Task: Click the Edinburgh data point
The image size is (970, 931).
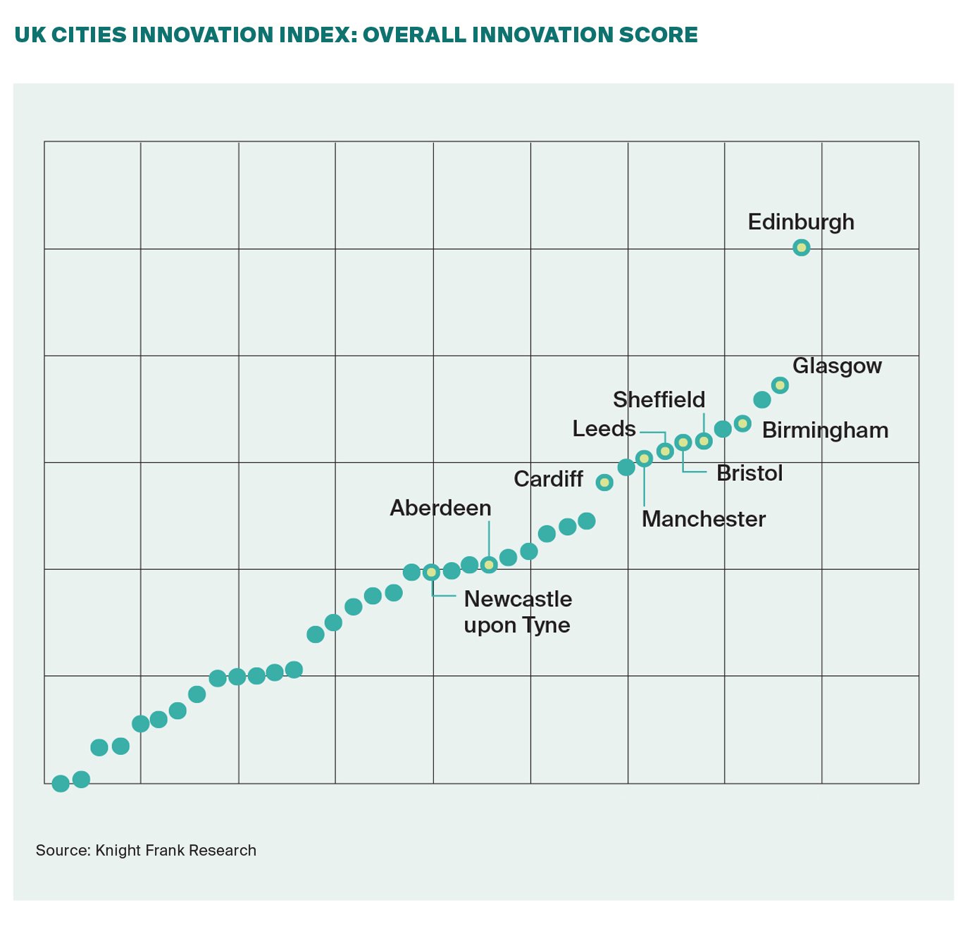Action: (801, 247)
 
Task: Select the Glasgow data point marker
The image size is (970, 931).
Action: (779, 385)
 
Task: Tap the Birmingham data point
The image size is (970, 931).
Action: (742, 423)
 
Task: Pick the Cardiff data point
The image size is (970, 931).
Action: (604, 482)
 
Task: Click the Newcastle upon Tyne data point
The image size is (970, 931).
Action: (431, 573)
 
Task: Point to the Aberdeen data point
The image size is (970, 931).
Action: (489, 564)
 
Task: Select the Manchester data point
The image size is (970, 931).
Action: (644, 458)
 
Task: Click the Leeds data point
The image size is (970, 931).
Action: (664, 451)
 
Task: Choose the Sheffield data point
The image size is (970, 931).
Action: (703, 442)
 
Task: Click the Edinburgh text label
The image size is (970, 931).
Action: (801, 222)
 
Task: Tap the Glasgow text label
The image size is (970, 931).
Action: (837, 366)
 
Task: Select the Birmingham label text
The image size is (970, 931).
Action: (825, 430)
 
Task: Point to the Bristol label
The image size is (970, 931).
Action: (750, 473)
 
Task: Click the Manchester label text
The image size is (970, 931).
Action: (703, 519)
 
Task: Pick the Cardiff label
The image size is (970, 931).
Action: (548, 479)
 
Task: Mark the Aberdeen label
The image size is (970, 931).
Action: (440, 508)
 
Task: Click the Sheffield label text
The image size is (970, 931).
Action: (659, 400)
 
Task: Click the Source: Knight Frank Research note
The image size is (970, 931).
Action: (146, 850)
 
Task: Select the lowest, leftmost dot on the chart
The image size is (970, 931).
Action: (61, 783)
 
